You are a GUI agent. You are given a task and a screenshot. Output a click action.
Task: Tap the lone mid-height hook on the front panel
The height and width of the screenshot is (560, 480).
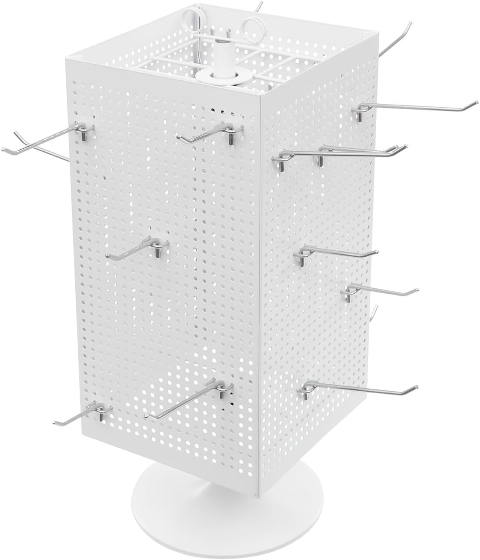coord(139,249)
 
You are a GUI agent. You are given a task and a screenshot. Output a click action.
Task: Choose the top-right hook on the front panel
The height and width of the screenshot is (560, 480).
coord(208,134)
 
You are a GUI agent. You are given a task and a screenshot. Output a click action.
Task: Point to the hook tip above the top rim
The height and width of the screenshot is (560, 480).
coord(259,5)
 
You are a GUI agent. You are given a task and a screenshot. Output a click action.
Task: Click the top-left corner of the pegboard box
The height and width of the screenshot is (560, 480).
coord(66,58)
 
